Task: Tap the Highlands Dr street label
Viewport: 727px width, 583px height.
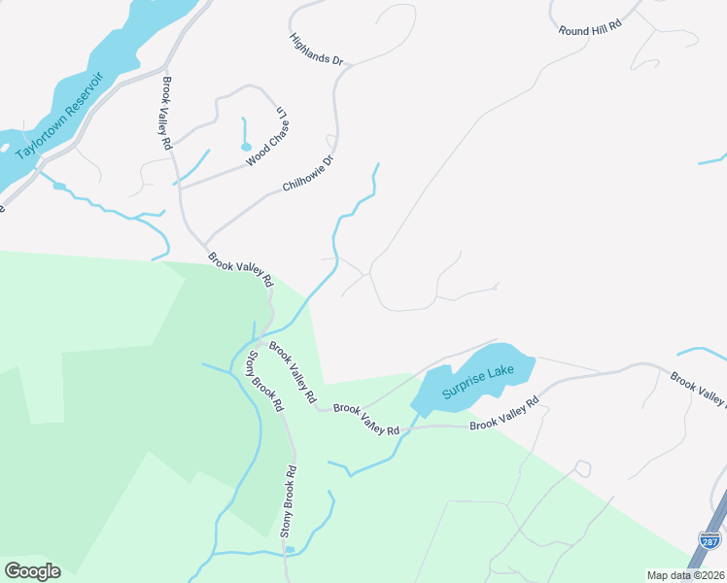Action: click(318, 50)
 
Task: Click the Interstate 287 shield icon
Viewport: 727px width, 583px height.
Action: click(709, 537)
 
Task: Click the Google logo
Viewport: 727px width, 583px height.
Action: click(32, 571)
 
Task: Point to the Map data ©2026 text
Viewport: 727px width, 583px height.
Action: click(686, 575)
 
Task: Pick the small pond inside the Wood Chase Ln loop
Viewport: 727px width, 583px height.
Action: click(245, 147)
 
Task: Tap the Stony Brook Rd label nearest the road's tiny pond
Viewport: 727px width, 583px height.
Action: click(289, 501)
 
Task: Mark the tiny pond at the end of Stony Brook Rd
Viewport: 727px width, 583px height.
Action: click(289, 550)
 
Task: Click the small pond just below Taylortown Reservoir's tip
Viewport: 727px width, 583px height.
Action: click(59, 186)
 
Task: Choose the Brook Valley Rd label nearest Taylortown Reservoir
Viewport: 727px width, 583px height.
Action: click(167, 113)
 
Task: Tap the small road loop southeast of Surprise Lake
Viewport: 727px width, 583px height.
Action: click(582, 468)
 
